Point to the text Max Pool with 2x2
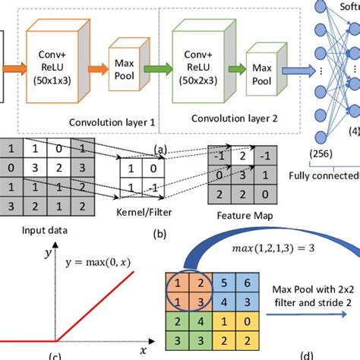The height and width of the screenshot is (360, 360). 311,289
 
